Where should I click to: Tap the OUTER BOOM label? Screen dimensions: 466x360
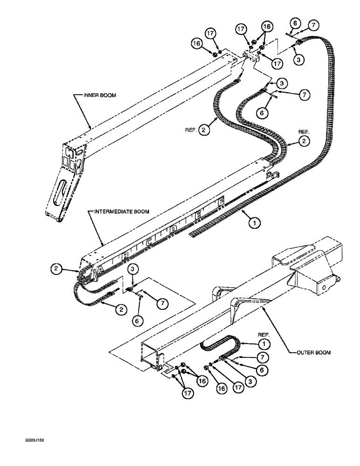coord(313,352)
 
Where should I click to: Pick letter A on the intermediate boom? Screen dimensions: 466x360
coord(101,269)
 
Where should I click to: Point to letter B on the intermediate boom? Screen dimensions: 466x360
coord(125,255)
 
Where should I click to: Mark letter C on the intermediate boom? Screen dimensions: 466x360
coord(149,242)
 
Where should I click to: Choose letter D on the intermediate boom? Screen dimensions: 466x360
coord(173,229)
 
